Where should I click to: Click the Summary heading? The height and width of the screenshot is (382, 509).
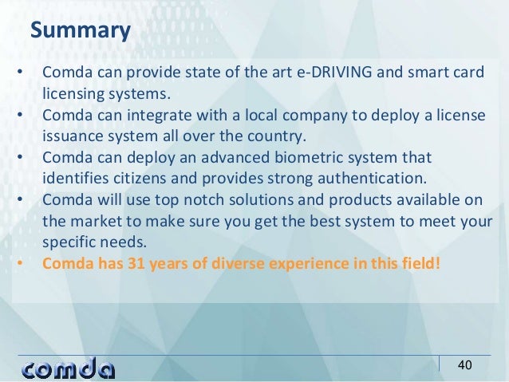(x=80, y=31)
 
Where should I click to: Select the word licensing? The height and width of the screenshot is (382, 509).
(x=73, y=94)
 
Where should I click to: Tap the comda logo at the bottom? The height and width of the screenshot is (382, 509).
(x=69, y=368)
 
